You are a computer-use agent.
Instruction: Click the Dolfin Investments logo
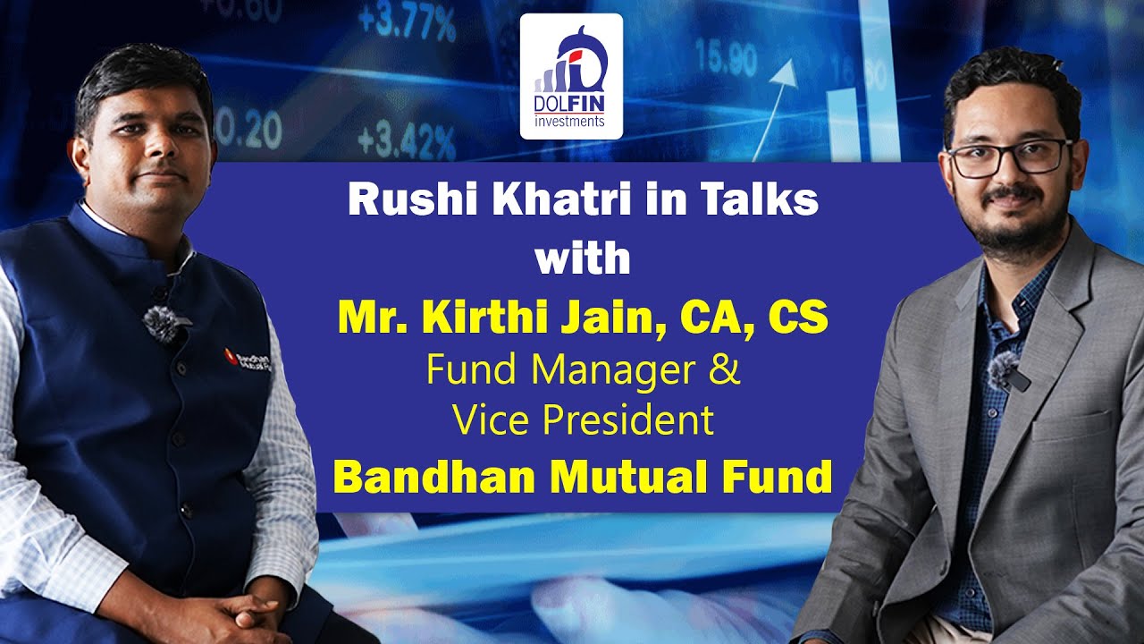pyautogui.click(x=572, y=76)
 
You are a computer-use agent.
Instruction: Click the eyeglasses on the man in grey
pyautogui.click(x=1008, y=157)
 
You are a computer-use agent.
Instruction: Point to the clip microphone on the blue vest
pyautogui.click(x=162, y=322)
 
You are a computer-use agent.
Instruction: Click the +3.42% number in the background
pyautogui.click(x=407, y=140)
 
